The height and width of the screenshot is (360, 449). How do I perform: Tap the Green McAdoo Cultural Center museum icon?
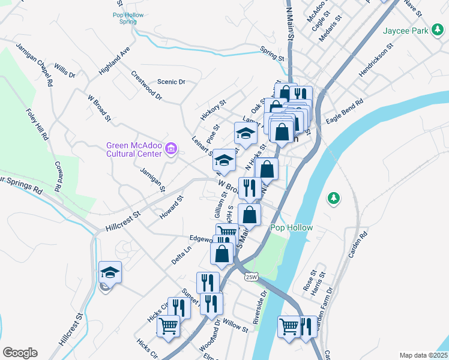tap(171, 148)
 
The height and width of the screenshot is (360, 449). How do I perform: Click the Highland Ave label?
tap(114, 61)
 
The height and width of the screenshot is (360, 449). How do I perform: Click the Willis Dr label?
tap(64, 70)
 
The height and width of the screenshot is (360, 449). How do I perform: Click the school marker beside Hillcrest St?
tap(110, 273)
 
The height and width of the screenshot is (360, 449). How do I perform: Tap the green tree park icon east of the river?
tap(333, 197)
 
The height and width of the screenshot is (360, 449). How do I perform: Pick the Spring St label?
tap(272, 54)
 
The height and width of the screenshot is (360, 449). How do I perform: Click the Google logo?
tap(20, 353)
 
